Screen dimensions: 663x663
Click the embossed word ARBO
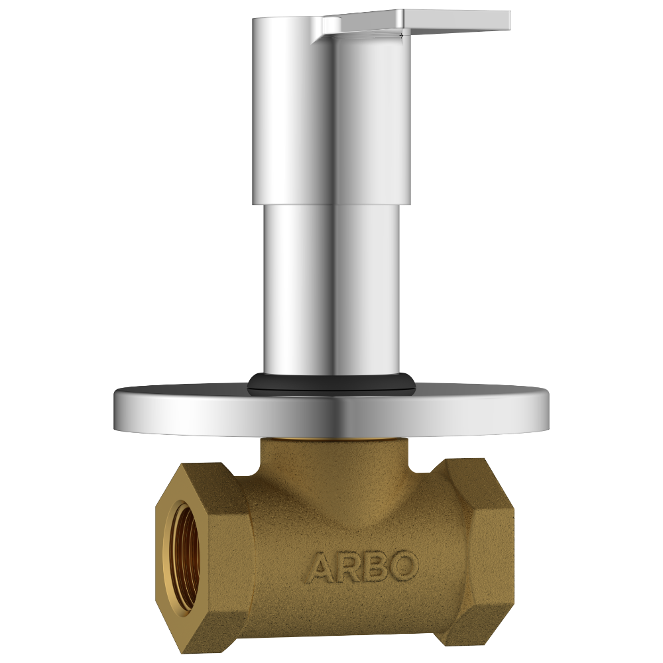(x=363, y=567)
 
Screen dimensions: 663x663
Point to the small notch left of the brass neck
(x=252, y=471)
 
